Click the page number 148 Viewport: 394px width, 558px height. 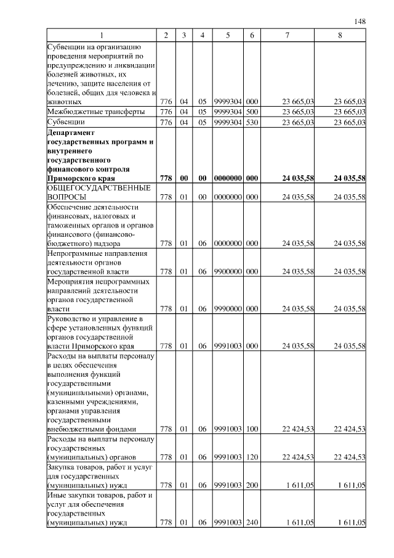tap(360, 22)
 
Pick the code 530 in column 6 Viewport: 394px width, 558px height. tap(251, 123)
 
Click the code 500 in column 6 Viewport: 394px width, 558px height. tap(251, 112)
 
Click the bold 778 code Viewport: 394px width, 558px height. tap(166, 178)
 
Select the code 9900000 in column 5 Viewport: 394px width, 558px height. tap(228, 271)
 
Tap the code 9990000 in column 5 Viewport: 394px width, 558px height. tap(228, 308)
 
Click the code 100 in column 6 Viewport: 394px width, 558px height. tap(251, 429)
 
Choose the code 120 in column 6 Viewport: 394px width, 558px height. tap(251, 457)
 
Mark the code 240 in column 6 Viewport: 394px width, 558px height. tap(251, 523)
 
